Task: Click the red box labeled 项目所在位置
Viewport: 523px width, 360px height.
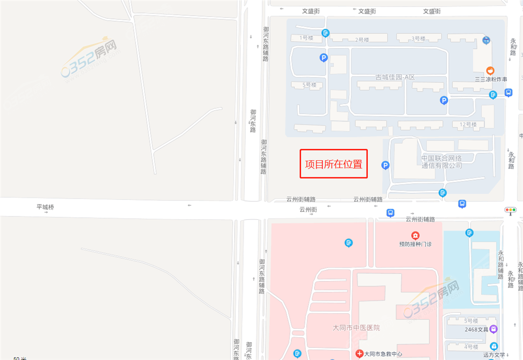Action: (x=334, y=164)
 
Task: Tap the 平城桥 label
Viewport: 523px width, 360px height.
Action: (x=45, y=207)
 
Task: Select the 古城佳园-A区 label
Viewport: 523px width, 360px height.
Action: (x=395, y=77)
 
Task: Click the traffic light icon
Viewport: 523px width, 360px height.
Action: (x=510, y=210)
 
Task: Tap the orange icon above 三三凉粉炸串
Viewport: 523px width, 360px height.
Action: (x=490, y=71)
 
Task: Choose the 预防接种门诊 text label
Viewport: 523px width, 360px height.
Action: (x=415, y=244)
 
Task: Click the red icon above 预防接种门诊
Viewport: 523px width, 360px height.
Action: (x=415, y=235)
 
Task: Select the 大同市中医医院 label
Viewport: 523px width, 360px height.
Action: (x=356, y=328)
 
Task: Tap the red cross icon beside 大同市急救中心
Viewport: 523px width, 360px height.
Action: (x=359, y=354)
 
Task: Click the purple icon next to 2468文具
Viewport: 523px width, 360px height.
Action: (x=494, y=329)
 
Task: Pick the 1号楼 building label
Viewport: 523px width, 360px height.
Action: (x=306, y=38)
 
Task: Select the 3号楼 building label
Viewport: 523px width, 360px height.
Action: (x=418, y=38)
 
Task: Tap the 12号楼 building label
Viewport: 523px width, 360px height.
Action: (x=468, y=125)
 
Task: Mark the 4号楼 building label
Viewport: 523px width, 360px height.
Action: (x=471, y=346)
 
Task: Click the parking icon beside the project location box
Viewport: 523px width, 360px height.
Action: (x=385, y=165)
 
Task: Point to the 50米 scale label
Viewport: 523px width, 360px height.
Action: (x=20, y=358)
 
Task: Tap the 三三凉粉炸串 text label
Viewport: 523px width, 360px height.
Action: (x=491, y=80)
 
